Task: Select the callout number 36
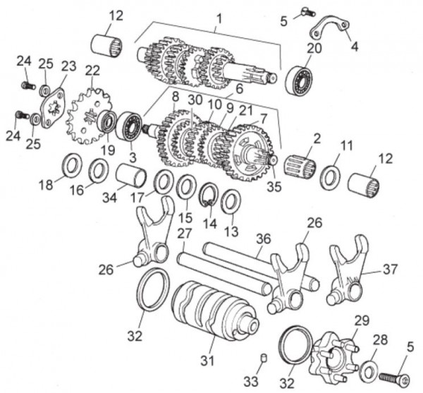pyautogui.click(x=263, y=238)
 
